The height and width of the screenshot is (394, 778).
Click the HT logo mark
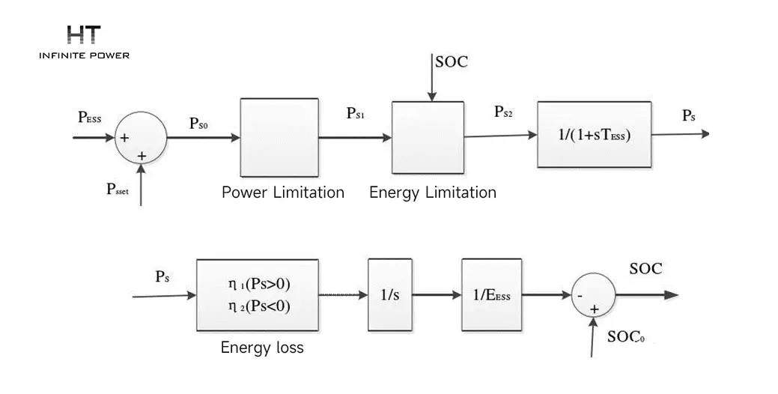84,34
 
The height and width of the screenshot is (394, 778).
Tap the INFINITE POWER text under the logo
85,55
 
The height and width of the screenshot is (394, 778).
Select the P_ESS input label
90,118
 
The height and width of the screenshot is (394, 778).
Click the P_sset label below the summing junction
118,189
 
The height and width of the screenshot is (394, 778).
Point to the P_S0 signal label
199,124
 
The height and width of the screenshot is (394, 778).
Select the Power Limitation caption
283,193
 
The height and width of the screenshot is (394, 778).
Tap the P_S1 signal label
356,113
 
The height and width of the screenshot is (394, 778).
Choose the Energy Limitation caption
433,193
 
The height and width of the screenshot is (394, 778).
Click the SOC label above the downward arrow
452,62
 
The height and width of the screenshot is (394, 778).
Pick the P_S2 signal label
504,112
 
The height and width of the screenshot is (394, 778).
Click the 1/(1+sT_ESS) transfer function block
595,135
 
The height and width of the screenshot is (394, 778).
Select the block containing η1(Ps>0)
258,295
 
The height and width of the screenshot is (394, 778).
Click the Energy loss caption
262,348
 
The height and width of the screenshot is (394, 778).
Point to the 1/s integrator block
390,295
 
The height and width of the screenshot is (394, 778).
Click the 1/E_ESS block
492,295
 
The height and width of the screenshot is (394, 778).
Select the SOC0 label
626,336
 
